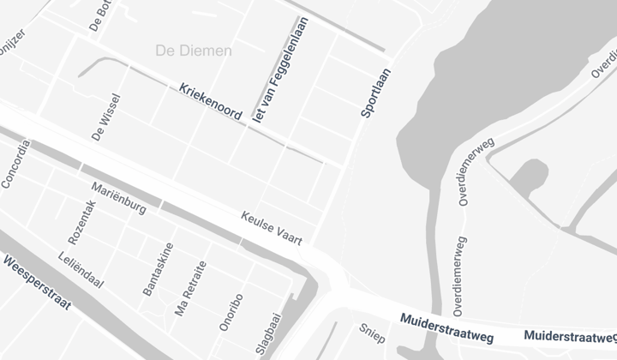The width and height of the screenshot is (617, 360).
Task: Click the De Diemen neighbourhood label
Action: tap(194, 51)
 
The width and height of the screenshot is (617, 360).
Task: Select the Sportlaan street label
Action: tap(374, 93)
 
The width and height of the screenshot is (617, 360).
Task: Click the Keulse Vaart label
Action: tap(273, 229)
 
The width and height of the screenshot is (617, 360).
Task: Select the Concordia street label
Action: tap(15, 164)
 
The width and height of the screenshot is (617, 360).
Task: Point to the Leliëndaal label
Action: tap(81, 269)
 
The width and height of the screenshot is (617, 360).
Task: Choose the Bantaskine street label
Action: tap(159, 269)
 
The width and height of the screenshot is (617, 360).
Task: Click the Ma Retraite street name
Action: tap(191, 289)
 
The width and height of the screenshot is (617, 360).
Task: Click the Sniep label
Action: tap(371, 333)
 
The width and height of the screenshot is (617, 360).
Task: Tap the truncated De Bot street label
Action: tap(101, 15)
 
